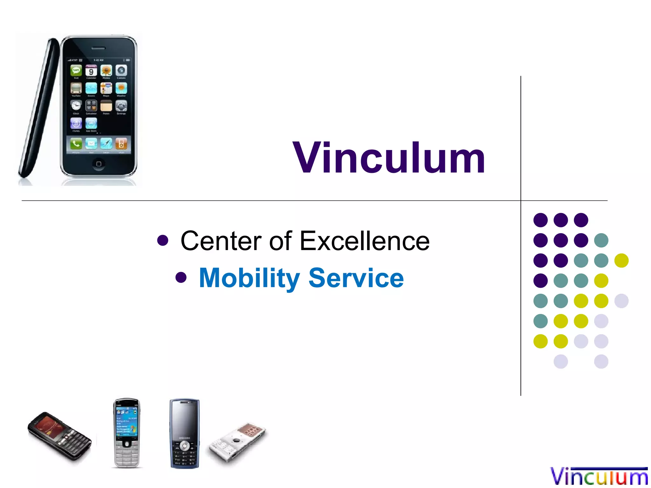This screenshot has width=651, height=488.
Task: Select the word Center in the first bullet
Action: click(x=221, y=241)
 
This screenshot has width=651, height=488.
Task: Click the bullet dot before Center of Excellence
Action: click(x=162, y=241)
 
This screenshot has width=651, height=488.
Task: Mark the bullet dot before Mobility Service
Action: click(x=181, y=277)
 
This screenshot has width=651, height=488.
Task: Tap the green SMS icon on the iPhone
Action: click(x=76, y=70)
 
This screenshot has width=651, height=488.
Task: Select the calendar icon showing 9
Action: click(x=91, y=71)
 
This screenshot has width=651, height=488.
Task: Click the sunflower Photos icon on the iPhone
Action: click(x=106, y=71)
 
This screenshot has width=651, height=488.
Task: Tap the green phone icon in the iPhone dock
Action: click(x=76, y=144)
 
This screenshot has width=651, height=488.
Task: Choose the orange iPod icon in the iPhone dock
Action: click(x=121, y=144)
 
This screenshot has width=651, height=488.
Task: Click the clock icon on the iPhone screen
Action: click(x=76, y=105)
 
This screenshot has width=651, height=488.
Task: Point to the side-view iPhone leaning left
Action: click(x=38, y=108)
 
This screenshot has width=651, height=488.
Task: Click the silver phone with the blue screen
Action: click(x=127, y=433)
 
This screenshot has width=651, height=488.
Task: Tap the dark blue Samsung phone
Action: click(x=184, y=433)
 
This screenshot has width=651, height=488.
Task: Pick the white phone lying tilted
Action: click(x=237, y=440)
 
